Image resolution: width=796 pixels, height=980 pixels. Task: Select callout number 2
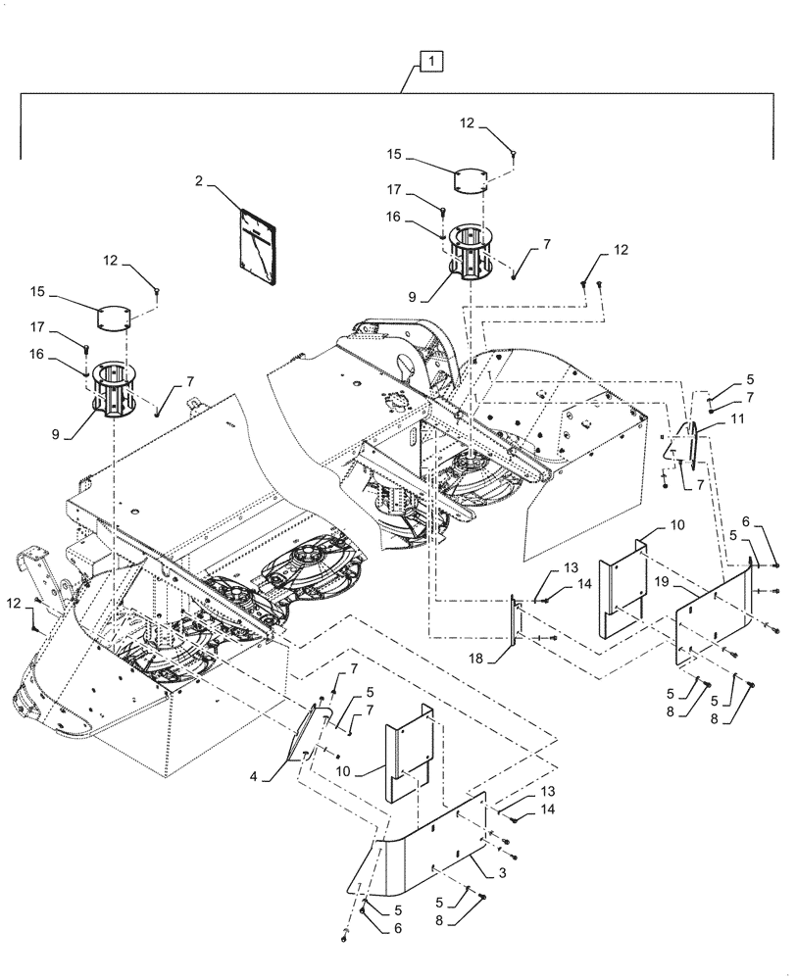(198, 181)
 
